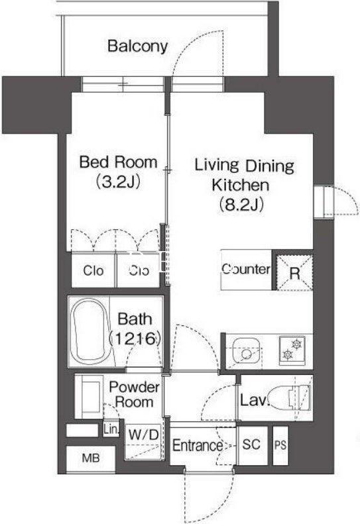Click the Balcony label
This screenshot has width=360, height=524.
click(x=137, y=46)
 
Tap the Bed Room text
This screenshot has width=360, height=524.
click(x=118, y=162)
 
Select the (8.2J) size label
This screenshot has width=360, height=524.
click(x=241, y=204)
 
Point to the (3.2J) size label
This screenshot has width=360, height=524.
click(x=118, y=182)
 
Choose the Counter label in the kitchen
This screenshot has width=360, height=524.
click(x=246, y=269)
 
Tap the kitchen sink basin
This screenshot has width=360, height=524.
click(x=247, y=352)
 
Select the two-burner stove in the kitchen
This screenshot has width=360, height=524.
click(x=292, y=350)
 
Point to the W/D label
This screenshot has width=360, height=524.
click(x=143, y=435)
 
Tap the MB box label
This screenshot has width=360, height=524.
click(x=91, y=458)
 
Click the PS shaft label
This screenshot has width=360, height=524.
click(x=280, y=445)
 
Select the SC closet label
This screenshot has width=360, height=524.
click(x=251, y=444)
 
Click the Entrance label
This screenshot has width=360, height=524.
click(x=198, y=445)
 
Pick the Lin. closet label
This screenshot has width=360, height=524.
click(x=111, y=429)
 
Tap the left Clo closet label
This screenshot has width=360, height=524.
click(x=93, y=270)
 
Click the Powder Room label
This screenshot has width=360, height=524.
click(x=134, y=395)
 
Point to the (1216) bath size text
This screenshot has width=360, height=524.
click(x=135, y=339)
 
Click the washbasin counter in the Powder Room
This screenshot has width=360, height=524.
click(x=88, y=396)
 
